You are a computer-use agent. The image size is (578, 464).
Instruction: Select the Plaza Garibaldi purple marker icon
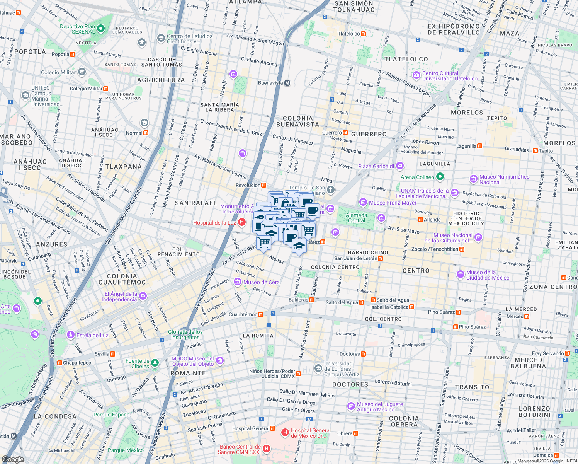400,166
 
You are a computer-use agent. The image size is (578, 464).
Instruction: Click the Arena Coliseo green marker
440,177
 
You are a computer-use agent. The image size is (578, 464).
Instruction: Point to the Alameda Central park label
356,218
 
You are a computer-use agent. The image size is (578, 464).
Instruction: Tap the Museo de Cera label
261,283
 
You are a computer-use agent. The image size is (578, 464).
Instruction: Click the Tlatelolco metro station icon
363,34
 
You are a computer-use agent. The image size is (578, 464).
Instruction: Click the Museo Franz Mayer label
393,203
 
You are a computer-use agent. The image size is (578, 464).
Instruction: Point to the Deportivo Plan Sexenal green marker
101,29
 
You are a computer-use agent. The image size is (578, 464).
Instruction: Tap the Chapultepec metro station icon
59,363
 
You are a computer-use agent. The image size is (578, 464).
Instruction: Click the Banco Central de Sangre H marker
267,449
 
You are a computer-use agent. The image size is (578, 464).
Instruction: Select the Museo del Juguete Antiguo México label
380,407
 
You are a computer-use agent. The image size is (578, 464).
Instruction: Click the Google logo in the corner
13,459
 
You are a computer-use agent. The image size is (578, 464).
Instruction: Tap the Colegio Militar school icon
82,72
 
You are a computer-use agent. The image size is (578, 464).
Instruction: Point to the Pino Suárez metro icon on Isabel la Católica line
458,312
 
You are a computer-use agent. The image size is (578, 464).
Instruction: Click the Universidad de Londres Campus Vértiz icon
318,368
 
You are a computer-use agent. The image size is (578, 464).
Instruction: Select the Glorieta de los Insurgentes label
185,334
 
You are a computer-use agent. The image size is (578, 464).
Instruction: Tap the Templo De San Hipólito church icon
330,190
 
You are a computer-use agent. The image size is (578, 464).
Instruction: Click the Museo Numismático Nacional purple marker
474,179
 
